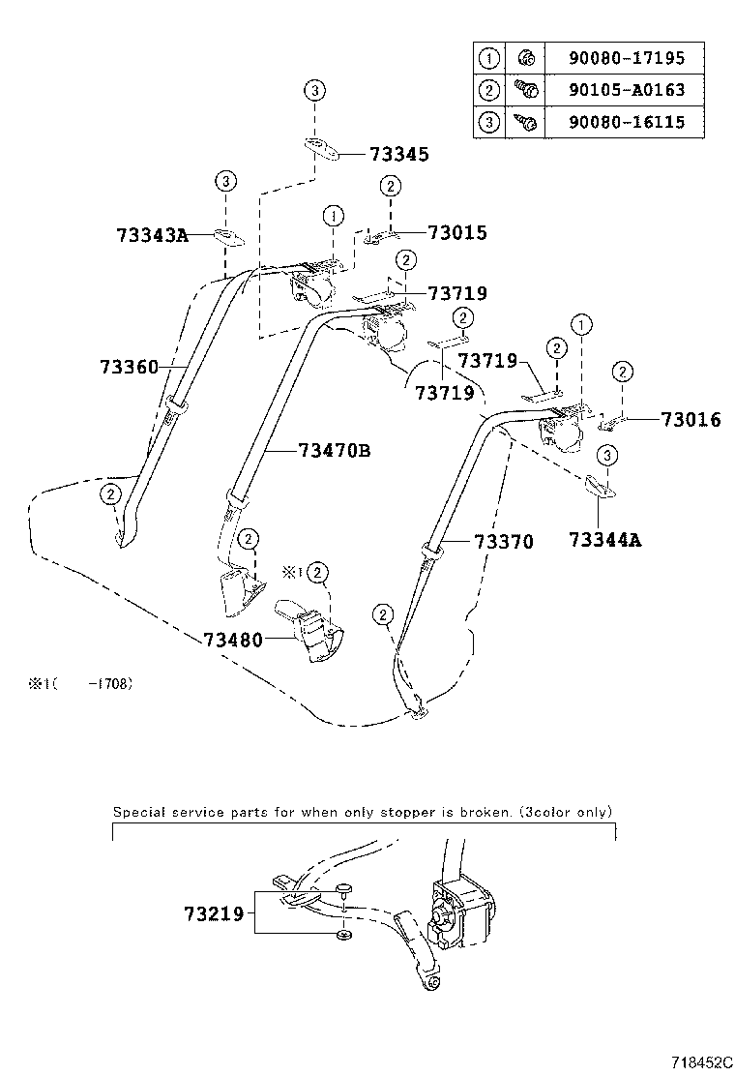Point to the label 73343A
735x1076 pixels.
(x=152, y=234)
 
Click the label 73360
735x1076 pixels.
(x=129, y=367)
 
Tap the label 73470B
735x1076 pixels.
(x=335, y=450)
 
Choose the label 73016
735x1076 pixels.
(x=691, y=420)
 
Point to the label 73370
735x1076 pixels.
(x=503, y=542)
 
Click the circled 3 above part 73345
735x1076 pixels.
(x=314, y=91)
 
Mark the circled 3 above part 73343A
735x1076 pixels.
(x=224, y=181)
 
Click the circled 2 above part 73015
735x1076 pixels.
(x=390, y=186)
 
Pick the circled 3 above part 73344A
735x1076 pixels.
(x=606, y=455)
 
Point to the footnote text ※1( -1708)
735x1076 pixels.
(x=79, y=683)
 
